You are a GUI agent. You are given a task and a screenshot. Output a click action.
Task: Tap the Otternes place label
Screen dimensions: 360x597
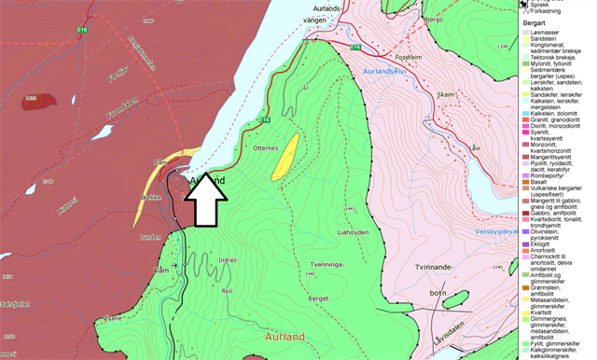266,147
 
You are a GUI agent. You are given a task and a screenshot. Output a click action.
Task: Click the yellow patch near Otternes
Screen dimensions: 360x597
285,156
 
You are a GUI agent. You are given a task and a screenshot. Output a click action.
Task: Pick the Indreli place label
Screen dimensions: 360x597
228,260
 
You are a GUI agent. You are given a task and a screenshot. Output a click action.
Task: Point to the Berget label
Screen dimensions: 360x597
318,297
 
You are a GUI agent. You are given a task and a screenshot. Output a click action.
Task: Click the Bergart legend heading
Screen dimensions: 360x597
534,20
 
